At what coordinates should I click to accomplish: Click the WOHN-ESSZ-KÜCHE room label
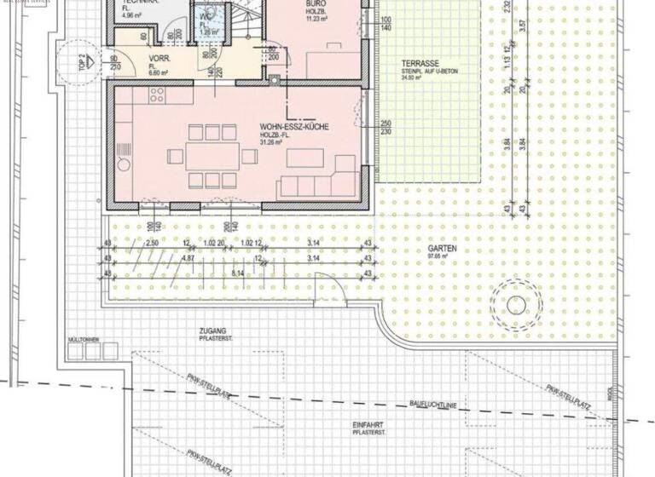[294, 128]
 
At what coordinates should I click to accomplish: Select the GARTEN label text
[440, 248]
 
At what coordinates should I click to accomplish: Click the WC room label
[206, 16]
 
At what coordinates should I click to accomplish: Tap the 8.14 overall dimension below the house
[237, 273]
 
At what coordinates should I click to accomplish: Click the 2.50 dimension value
[153, 244]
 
